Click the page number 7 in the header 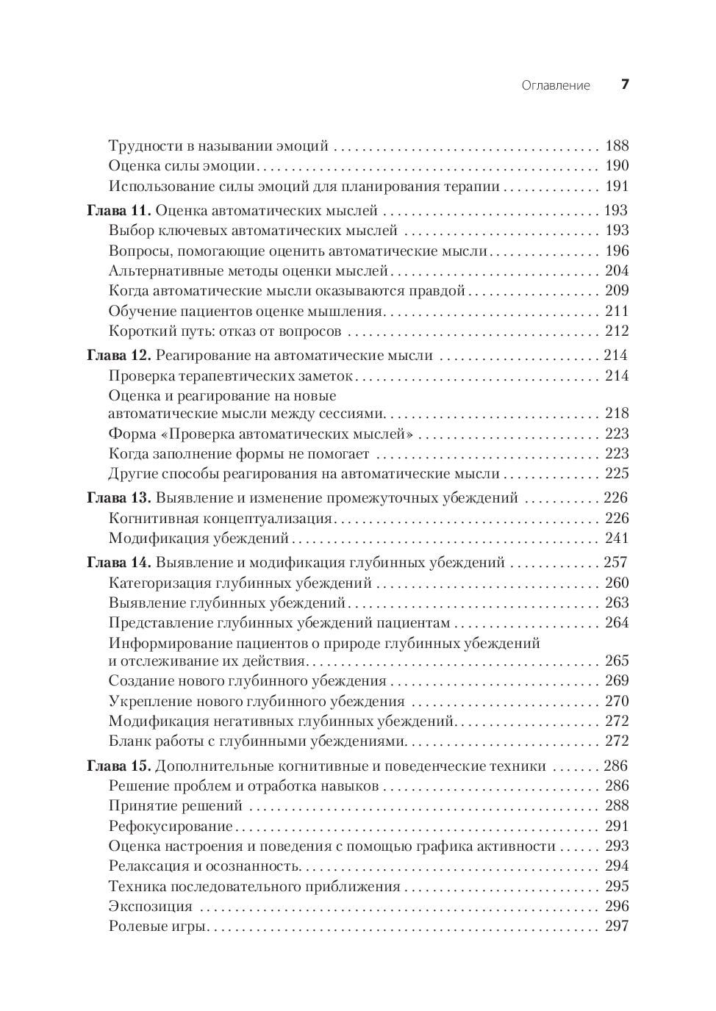(625, 84)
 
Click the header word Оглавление (555, 85)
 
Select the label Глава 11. (118, 210)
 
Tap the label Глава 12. (118, 356)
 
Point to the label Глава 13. (118, 497)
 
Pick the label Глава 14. (118, 563)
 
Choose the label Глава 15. (118, 766)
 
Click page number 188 (617, 145)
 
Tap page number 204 (617, 270)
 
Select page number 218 (617, 413)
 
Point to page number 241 (617, 538)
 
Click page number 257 (615, 563)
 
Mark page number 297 (617, 926)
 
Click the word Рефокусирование (171, 827)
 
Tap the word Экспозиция (150, 907)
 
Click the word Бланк (128, 741)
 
